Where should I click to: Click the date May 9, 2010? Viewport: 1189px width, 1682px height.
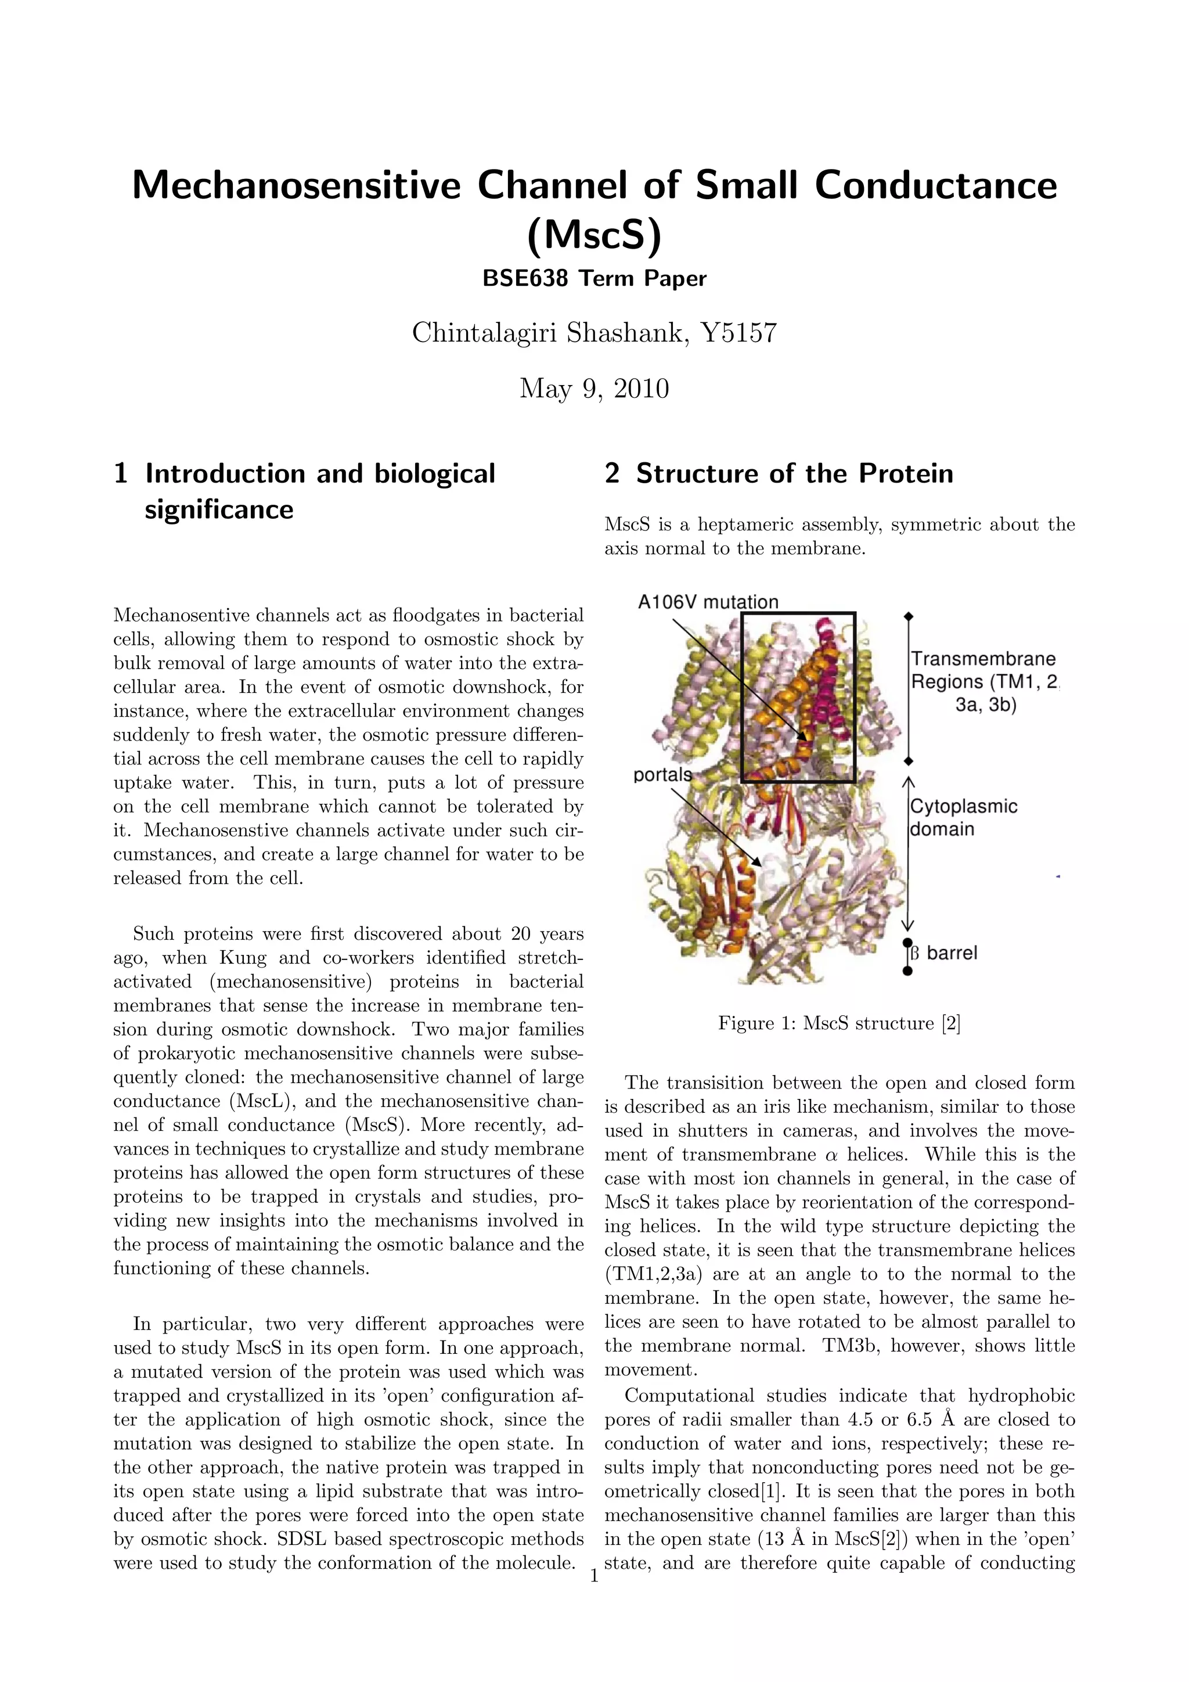click(x=594, y=389)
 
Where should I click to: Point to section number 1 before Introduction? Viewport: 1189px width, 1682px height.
click(x=121, y=474)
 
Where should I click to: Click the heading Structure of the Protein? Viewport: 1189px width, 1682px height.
click(x=794, y=474)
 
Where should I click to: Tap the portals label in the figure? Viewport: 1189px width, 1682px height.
click(x=662, y=774)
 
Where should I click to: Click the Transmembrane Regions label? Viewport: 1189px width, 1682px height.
click(x=983, y=681)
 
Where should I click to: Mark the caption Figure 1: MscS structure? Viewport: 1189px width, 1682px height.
click(x=839, y=1023)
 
